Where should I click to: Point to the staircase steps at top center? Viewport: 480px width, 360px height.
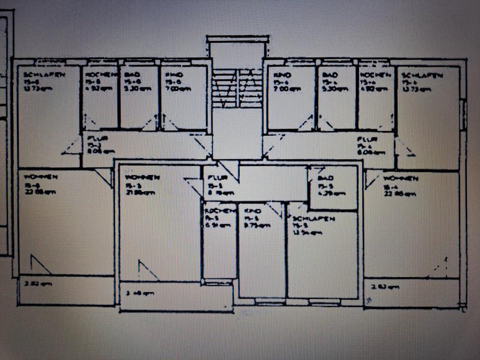(238, 88)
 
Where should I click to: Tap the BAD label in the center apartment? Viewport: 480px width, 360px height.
(318, 178)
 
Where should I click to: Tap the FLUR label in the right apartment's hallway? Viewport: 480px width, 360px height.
(367, 139)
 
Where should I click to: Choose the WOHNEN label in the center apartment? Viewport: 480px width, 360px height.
(142, 177)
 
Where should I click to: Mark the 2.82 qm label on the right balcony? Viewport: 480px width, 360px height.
(385, 287)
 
